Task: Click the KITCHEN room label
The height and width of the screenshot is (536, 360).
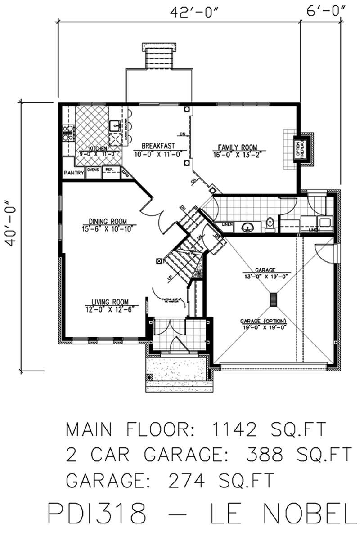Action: click(98, 148)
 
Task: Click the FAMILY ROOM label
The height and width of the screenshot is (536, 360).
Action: click(237, 147)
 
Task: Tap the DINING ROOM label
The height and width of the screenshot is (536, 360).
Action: click(108, 221)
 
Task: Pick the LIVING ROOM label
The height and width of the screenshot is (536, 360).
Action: click(110, 302)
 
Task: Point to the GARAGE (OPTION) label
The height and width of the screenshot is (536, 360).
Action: click(264, 321)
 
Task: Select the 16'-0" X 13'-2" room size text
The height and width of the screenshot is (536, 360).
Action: click(237, 155)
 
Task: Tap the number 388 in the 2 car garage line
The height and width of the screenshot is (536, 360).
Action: click(264, 455)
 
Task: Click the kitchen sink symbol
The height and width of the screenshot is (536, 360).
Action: click(114, 125)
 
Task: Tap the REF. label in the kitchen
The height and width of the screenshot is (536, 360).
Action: click(109, 170)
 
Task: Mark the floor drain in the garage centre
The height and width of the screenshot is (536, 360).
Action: click(273, 299)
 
